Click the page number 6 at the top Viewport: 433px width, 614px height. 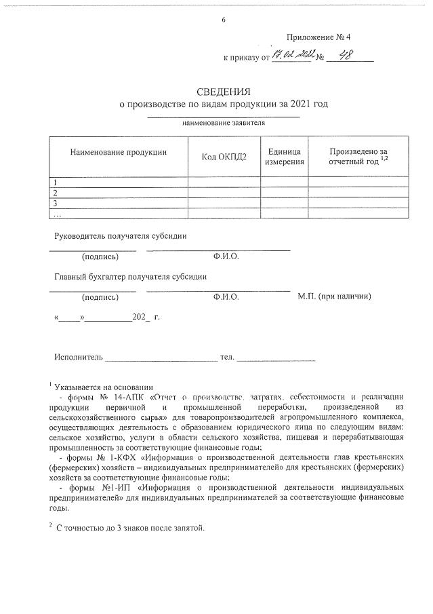click(223, 19)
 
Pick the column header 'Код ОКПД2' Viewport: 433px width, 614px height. click(224, 157)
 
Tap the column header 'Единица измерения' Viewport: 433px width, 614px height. click(285, 157)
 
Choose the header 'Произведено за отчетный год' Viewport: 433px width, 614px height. click(358, 157)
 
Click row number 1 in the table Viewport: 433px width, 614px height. click(56, 182)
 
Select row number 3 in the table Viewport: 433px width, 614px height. click(56, 203)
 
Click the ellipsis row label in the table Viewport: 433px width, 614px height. click(58, 214)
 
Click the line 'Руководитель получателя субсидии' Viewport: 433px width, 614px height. click(121, 235)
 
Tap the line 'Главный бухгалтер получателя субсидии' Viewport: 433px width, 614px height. click(130, 276)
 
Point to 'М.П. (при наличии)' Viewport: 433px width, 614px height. click(334, 296)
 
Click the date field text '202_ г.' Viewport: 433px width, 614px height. click(146, 317)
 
